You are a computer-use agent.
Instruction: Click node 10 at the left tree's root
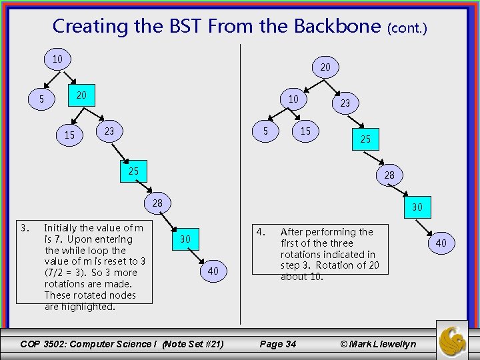click(x=57, y=59)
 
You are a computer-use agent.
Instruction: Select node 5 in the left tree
click(x=41, y=100)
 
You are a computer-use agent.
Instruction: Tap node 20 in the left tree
click(x=81, y=95)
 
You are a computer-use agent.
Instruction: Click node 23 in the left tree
click(x=109, y=131)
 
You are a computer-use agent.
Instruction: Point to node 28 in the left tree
click(x=157, y=203)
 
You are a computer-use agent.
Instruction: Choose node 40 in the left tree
click(x=213, y=271)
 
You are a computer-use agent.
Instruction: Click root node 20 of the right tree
click(x=325, y=67)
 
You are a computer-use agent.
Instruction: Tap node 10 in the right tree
click(x=293, y=99)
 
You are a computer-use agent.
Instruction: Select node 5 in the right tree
click(x=265, y=131)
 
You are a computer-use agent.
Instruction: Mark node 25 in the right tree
click(x=365, y=140)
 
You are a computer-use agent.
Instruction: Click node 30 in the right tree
click(x=417, y=207)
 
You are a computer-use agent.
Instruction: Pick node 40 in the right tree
click(x=441, y=243)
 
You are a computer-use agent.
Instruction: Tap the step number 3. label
click(x=25, y=227)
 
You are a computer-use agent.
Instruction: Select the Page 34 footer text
click(x=277, y=344)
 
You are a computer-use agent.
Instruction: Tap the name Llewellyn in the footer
click(x=393, y=344)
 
